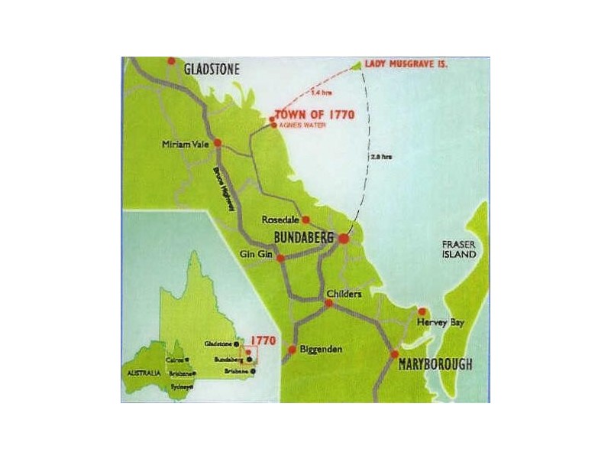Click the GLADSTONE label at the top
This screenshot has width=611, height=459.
(212, 69)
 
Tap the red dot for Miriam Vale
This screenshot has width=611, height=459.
(218, 143)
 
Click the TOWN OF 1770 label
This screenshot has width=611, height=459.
(315, 115)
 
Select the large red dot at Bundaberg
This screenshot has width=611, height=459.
(344, 239)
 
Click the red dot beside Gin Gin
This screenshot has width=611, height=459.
(280, 259)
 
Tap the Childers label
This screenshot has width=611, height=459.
(343, 294)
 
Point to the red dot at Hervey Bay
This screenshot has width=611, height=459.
(422, 311)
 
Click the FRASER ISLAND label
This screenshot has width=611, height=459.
(458, 249)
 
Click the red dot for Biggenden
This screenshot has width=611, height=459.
(291, 350)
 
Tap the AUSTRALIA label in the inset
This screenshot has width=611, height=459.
(143, 373)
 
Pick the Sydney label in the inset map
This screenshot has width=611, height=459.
(180, 387)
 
